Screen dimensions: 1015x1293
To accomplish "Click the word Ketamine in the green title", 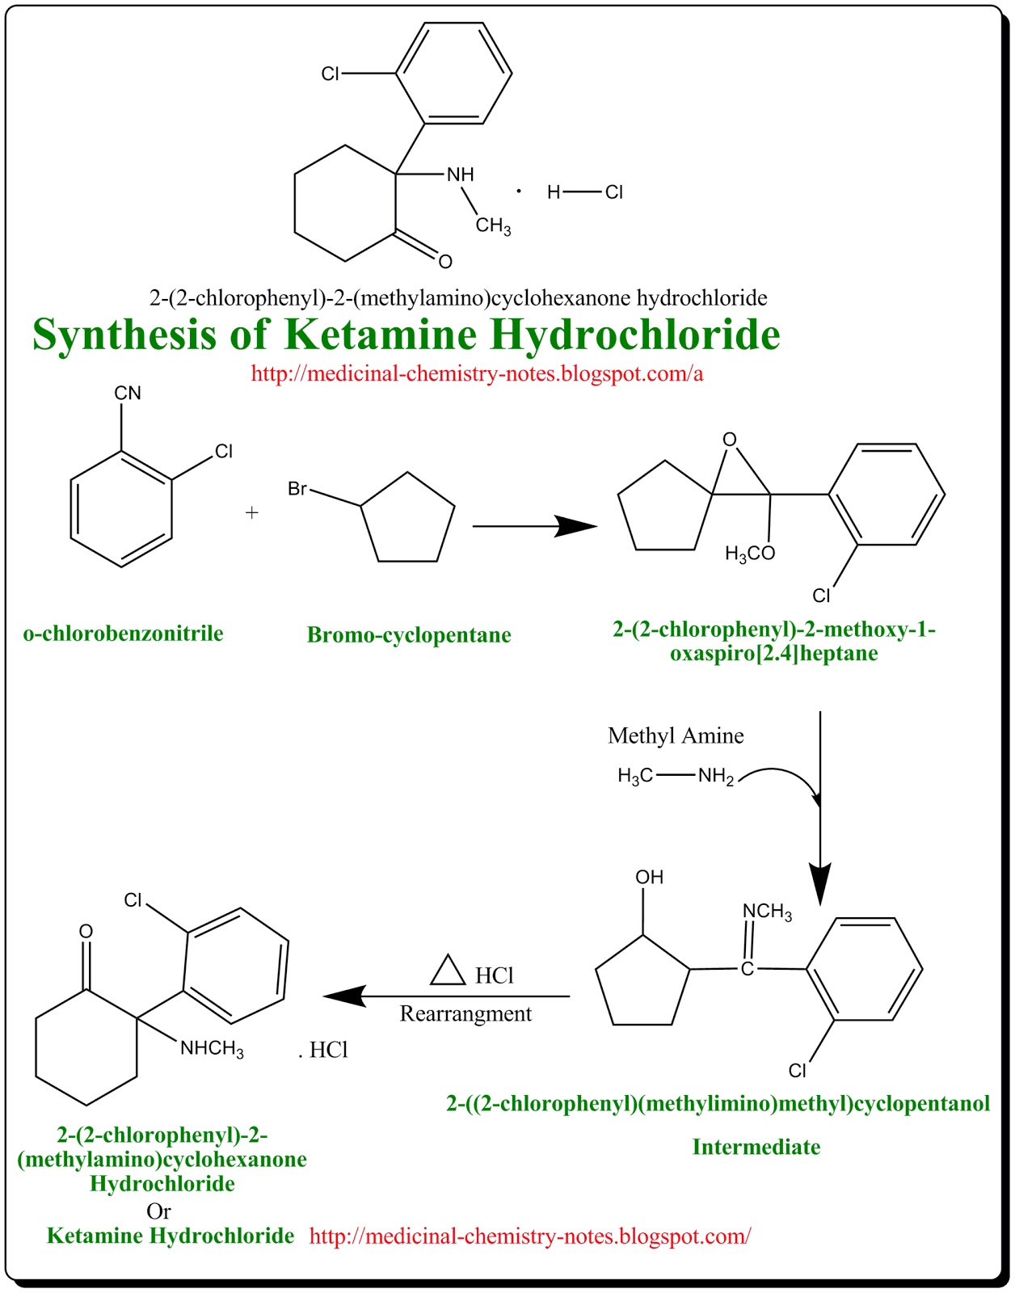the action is coord(381,335).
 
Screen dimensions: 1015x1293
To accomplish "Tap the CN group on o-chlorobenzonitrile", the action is coord(128,393).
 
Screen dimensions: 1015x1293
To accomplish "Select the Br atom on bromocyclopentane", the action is coord(297,489).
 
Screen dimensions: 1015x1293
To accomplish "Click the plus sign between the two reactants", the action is coord(251,512).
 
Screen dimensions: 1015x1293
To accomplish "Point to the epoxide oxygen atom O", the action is coord(730,440).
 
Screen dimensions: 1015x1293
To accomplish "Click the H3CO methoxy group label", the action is coord(750,554).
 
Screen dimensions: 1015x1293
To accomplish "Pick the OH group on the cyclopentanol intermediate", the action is coord(649,877).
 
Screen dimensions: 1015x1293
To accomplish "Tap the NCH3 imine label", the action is coord(767,912).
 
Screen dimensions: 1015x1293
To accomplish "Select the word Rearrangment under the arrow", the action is coord(465,1013).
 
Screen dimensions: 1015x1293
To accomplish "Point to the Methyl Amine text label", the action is coord(676,736).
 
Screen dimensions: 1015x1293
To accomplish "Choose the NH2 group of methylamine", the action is coord(716,777).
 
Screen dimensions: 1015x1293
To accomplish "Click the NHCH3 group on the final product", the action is coord(212,1048).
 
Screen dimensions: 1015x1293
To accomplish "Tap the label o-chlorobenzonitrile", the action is coord(123,633).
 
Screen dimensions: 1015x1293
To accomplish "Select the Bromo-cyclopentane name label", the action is coord(409,635).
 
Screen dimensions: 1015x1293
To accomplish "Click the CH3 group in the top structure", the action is coord(493,226).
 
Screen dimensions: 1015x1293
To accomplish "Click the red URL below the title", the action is coord(477,373).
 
